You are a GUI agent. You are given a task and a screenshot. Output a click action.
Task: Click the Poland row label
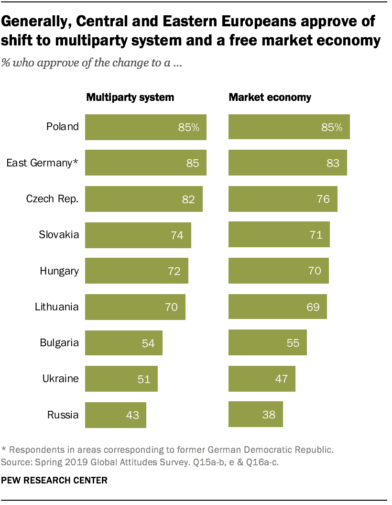(62, 127)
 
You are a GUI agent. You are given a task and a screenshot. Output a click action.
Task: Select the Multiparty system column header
(130, 98)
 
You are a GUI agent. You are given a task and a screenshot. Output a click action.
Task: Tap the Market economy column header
(270, 98)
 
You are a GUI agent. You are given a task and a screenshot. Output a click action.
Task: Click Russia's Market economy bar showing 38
(256, 414)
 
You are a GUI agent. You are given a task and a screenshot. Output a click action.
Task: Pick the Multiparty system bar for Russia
(116, 414)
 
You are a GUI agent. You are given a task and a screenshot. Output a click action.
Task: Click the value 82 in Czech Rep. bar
(188, 199)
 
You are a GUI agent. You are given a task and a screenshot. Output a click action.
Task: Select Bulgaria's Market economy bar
(267, 342)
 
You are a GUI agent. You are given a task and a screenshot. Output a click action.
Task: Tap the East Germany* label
(42, 163)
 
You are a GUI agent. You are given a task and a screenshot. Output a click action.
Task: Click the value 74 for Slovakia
(177, 235)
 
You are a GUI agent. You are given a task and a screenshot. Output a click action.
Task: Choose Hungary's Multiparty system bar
(136, 271)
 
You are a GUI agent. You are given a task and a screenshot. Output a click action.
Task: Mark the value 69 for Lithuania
(313, 307)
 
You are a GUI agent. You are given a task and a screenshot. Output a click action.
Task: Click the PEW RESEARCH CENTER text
(54, 480)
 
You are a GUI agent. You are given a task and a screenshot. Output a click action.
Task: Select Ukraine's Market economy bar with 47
(261, 379)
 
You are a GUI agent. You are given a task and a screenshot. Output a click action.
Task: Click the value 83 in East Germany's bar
(333, 163)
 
